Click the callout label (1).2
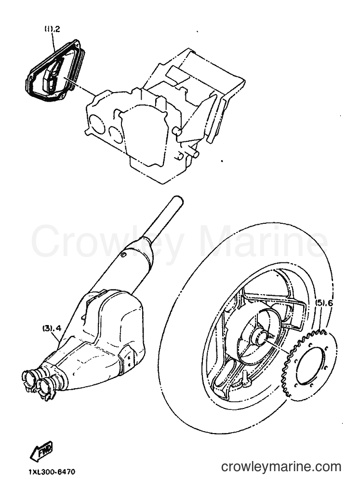point(52,29)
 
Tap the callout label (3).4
point(52,328)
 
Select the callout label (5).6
point(324,302)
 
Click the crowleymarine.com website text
point(281,467)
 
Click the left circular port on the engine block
point(96,122)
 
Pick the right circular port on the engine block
point(117,135)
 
